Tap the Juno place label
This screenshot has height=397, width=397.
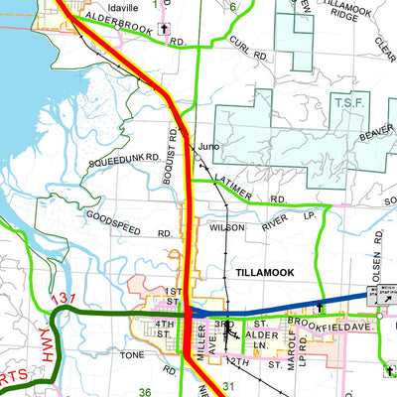click(207, 147)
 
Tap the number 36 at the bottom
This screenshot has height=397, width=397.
click(145, 392)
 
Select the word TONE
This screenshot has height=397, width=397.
click(132, 354)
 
